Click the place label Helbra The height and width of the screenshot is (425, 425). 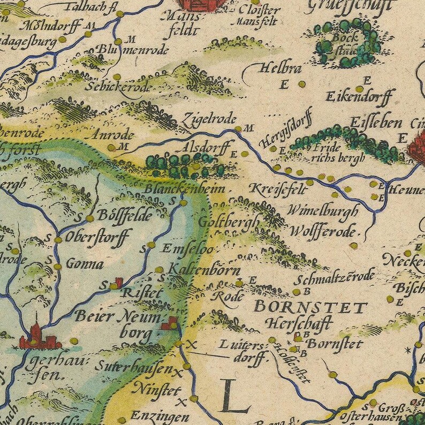[280, 69]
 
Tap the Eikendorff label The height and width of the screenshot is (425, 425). [359, 97]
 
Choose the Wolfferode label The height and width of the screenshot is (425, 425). [323, 232]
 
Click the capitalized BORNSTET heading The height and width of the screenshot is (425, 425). [310, 307]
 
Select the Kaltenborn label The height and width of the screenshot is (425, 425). [204, 270]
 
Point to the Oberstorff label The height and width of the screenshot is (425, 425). [97, 236]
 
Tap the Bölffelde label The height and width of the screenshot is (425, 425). [123, 216]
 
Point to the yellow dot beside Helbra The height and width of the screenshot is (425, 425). [302, 84]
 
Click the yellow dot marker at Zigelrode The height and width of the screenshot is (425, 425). [238, 128]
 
